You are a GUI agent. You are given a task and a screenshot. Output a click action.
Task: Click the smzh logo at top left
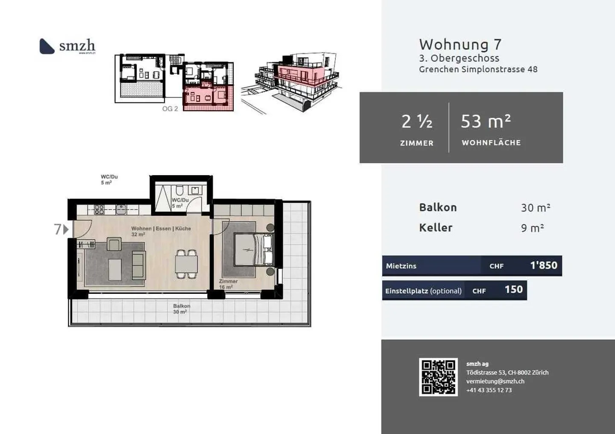(67, 46)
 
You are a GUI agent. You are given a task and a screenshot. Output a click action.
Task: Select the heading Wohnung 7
(460, 44)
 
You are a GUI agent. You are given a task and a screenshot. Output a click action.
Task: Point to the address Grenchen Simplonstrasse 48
(478, 69)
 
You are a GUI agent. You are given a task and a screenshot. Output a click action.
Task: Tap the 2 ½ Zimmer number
(416, 122)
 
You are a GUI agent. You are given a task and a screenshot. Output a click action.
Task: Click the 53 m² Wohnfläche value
(486, 122)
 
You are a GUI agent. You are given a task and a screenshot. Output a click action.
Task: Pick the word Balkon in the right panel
(438, 208)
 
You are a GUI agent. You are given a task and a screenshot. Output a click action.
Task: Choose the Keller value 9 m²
(532, 228)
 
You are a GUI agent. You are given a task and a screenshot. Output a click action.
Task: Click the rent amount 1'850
(543, 265)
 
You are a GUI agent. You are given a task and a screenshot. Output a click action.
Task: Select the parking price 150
(513, 290)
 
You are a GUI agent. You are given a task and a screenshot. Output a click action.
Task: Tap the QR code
(438, 377)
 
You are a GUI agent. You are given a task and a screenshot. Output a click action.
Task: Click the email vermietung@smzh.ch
(495, 381)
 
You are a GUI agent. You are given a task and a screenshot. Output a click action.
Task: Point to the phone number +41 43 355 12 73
(489, 390)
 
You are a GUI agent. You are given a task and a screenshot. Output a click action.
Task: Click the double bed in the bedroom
(253, 250)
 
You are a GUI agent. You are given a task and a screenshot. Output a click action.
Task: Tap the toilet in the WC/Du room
(179, 191)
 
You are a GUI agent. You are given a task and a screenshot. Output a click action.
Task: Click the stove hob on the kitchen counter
(99, 209)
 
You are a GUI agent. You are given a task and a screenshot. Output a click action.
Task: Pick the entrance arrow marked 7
(61, 229)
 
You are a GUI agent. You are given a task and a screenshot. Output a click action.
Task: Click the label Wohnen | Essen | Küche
(161, 229)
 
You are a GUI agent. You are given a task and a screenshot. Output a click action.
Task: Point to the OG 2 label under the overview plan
(170, 109)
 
